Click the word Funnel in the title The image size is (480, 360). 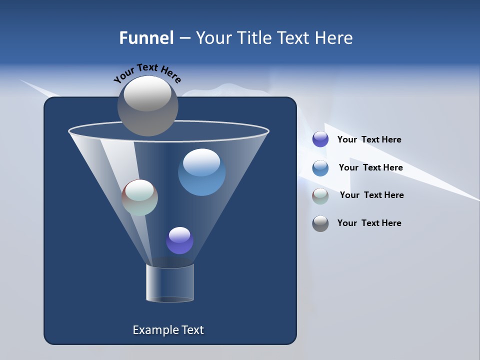[x=146, y=38]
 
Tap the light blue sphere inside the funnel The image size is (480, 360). [x=202, y=173]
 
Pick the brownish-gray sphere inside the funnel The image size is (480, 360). [x=140, y=198]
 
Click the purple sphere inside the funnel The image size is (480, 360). [x=179, y=240]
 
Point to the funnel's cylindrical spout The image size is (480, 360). [x=170, y=283]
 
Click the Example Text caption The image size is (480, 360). [x=168, y=330]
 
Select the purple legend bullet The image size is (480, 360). [x=320, y=139]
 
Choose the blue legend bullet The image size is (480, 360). [x=320, y=167]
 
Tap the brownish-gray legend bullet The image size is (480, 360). [x=320, y=195]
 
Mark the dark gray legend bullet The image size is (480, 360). [x=320, y=223]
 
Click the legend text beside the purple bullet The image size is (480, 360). [x=369, y=140]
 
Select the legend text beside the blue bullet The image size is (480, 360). [x=370, y=167]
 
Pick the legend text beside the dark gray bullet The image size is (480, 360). [x=369, y=223]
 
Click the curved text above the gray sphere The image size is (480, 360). [x=147, y=73]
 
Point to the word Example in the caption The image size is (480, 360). [x=154, y=330]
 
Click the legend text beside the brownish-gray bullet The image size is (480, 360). [x=371, y=195]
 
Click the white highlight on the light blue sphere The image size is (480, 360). [x=201, y=161]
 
